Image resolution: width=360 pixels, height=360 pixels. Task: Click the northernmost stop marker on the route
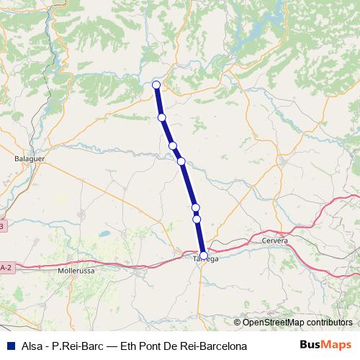click(x=156, y=85)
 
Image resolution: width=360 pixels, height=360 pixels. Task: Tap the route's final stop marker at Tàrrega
click(x=204, y=255)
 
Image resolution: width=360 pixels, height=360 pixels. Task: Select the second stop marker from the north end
click(x=162, y=117)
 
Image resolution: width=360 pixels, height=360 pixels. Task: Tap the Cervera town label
click(x=275, y=240)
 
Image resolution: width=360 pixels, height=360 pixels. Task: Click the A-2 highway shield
click(x=5, y=267)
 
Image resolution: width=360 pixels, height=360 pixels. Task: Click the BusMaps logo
click(x=325, y=345)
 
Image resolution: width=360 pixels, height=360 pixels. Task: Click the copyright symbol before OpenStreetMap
click(x=237, y=323)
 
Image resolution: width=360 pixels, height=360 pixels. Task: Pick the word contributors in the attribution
click(x=327, y=323)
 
